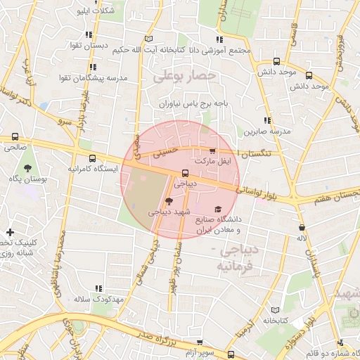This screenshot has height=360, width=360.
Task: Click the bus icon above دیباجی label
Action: pyautogui.click(x=185, y=172)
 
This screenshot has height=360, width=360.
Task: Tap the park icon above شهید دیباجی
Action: pyautogui.click(x=166, y=201)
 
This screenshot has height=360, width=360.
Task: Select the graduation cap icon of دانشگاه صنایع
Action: pyautogui.click(x=218, y=210)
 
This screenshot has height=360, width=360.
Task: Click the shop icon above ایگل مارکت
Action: pyautogui.click(x=212, y=151)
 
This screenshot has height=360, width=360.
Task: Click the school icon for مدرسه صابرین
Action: pyautogui.click(x=266, y=121)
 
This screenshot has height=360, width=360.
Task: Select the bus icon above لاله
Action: pyautogui.click(x=302, y=228)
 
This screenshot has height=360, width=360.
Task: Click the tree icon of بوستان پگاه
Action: pyautogui.click(x=27, y=169)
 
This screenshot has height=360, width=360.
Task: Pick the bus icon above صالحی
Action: pyautogui.click(x=15, y=137)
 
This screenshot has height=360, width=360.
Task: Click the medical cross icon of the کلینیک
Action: pyautogui.click(x=9, y=232)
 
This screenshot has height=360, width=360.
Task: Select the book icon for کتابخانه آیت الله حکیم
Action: pyautogui.click(x=148, y=39)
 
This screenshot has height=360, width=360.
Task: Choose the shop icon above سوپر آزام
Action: pyautogui.click(x=200, y=342)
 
